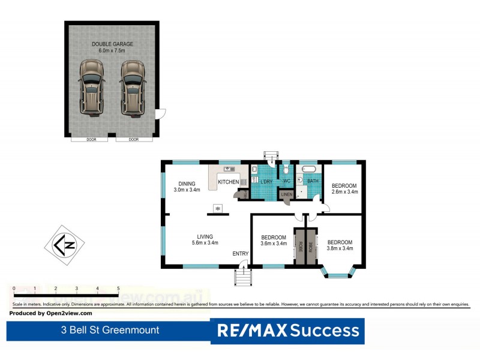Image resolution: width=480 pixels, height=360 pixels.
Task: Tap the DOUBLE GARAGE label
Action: [x=112, y=44]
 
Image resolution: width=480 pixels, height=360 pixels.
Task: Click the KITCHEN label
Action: [x=228, y=181]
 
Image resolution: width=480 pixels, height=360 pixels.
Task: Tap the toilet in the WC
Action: [x=286, y=171]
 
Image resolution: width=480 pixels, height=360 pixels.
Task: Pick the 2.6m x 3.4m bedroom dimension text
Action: [x=344, y=192]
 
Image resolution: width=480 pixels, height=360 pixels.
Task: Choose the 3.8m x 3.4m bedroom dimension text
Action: [x=340, y=248]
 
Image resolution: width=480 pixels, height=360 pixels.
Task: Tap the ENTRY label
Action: [x=240, y=254]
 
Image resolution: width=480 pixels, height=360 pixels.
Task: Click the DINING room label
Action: [x=186, y=185]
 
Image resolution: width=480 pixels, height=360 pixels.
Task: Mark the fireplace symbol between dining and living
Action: [x=218, y=209]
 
